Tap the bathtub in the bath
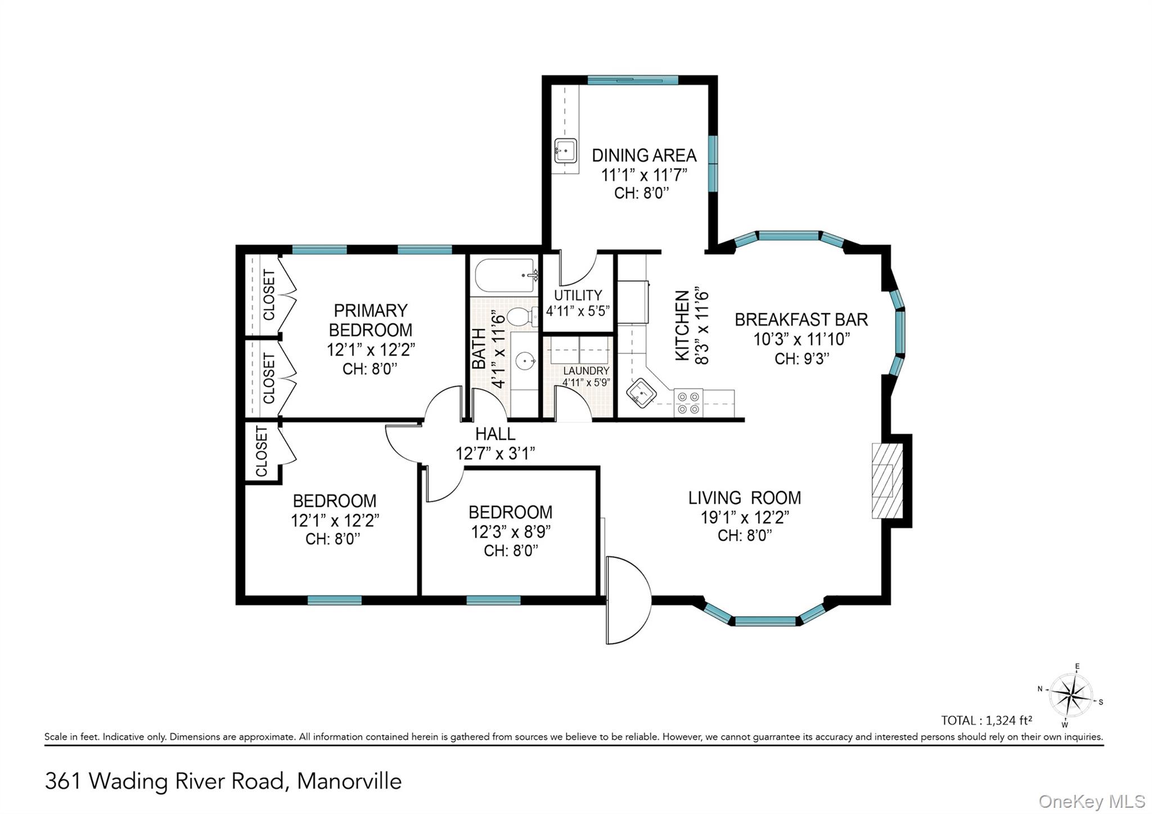[506, 275]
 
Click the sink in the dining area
[565, 151]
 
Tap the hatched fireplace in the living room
[887, 480]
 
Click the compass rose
[1071, 695]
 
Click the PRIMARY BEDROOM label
[370, 320]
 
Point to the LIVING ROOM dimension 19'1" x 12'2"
[745, 517]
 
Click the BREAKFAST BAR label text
[801, 320]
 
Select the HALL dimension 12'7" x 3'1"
[495, 453]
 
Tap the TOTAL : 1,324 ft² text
[987, 720]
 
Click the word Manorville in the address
[349, 781]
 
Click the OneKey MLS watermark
[1092, 800]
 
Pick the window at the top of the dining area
[633, 80]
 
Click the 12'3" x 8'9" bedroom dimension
[510, 532]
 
